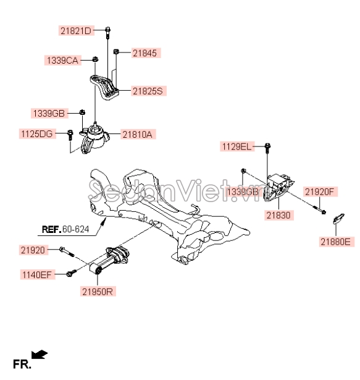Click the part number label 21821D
point(76,31)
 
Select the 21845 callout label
point(145,53)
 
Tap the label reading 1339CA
point(62,61)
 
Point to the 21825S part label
point(148,91)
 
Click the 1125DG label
point(37,134)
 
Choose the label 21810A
point(137,134)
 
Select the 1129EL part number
point(237,146)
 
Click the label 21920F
point(319,192)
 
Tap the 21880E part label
point(336,242)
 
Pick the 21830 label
point(278,215)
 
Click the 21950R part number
point(98,291)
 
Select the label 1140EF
point(37,274)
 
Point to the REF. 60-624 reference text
point(65,229)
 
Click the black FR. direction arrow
point(40,354)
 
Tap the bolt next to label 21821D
point(107,33)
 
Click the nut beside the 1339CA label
point(96,59)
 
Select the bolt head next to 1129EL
point(267,146)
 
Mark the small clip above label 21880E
point(338,218)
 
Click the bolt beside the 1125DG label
point(70,135)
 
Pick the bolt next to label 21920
point(66,251)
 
